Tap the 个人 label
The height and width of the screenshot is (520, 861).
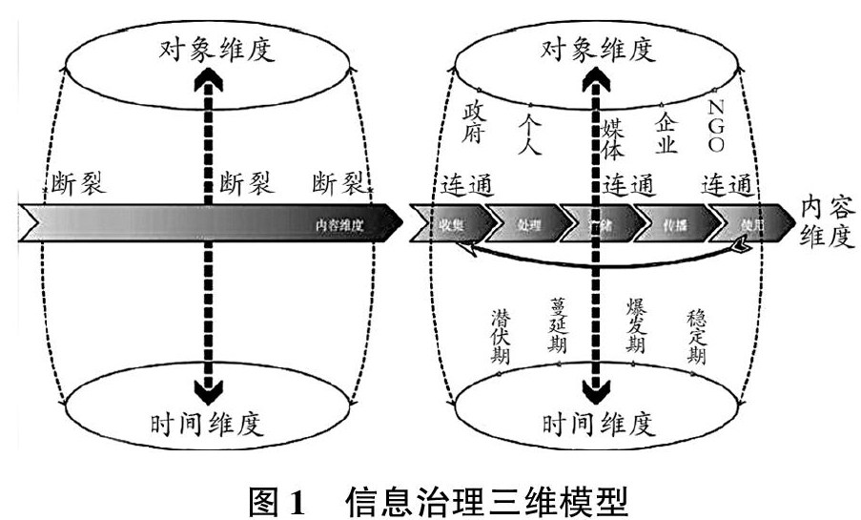(530, 135)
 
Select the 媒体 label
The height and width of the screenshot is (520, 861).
(613, 136)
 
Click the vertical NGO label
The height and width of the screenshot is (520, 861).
(717, 124)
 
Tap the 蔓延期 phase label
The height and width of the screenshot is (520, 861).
(559, 325)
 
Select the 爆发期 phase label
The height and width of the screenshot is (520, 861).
(636, 327)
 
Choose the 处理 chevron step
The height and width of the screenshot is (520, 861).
(528, 226)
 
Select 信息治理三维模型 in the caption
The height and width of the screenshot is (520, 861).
(486, 498)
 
